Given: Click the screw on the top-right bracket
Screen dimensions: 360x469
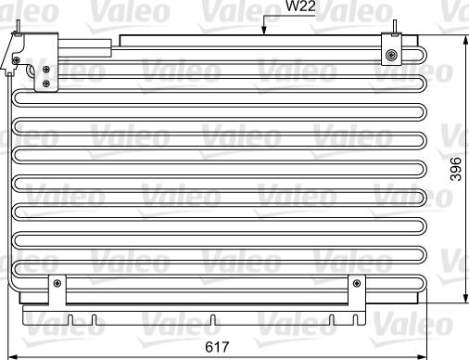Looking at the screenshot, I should [x=392, y=55].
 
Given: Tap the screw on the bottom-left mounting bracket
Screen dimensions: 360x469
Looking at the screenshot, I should [x=57, y=283].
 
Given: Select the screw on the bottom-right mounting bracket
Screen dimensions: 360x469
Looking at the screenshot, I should [x=355, y=283].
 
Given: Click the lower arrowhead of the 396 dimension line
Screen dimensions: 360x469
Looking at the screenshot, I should [x=463, y=300].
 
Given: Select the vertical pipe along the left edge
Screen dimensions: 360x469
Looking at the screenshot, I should [x=9, y=176].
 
